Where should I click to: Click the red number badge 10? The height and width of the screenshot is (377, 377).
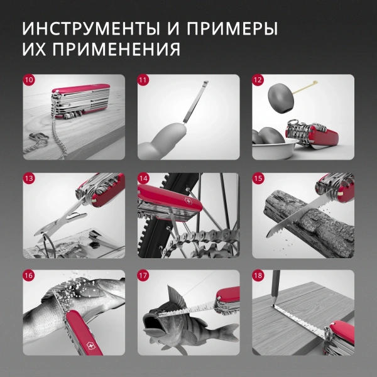30,81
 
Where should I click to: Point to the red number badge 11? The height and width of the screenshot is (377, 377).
144,81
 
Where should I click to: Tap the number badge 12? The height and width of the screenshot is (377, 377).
258,81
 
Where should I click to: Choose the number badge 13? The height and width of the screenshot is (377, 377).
30,179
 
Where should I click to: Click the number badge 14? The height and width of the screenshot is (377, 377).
144,179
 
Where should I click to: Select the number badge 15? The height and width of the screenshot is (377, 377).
258,179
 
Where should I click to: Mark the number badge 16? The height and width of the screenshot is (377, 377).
30,276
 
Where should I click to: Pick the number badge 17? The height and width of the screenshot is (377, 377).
144,276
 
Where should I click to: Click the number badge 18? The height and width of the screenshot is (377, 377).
258,276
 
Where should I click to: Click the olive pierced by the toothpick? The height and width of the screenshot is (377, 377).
280,97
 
